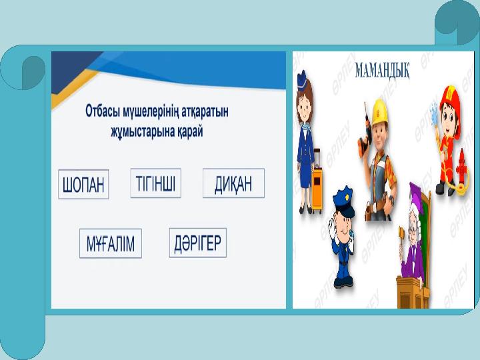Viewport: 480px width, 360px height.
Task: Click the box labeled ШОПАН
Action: coord(83,184)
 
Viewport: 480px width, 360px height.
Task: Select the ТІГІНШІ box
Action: coord(156,183)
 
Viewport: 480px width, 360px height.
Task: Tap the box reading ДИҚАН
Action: coord(233,183)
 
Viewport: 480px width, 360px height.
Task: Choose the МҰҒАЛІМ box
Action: coord(111,243)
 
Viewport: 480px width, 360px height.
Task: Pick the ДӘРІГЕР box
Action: coord(198,243)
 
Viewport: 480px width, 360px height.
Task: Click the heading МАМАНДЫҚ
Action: coord(382,71)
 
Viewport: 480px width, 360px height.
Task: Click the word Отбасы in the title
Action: coord(103,111)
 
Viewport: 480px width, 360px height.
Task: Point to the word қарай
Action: coord(190,131)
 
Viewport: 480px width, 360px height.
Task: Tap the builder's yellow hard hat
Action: coord(379,111)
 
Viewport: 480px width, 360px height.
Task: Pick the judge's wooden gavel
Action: coord(401,237)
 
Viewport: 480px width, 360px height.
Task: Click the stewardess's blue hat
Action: coord(302,79)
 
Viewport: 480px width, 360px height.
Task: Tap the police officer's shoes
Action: coord(343,283)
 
